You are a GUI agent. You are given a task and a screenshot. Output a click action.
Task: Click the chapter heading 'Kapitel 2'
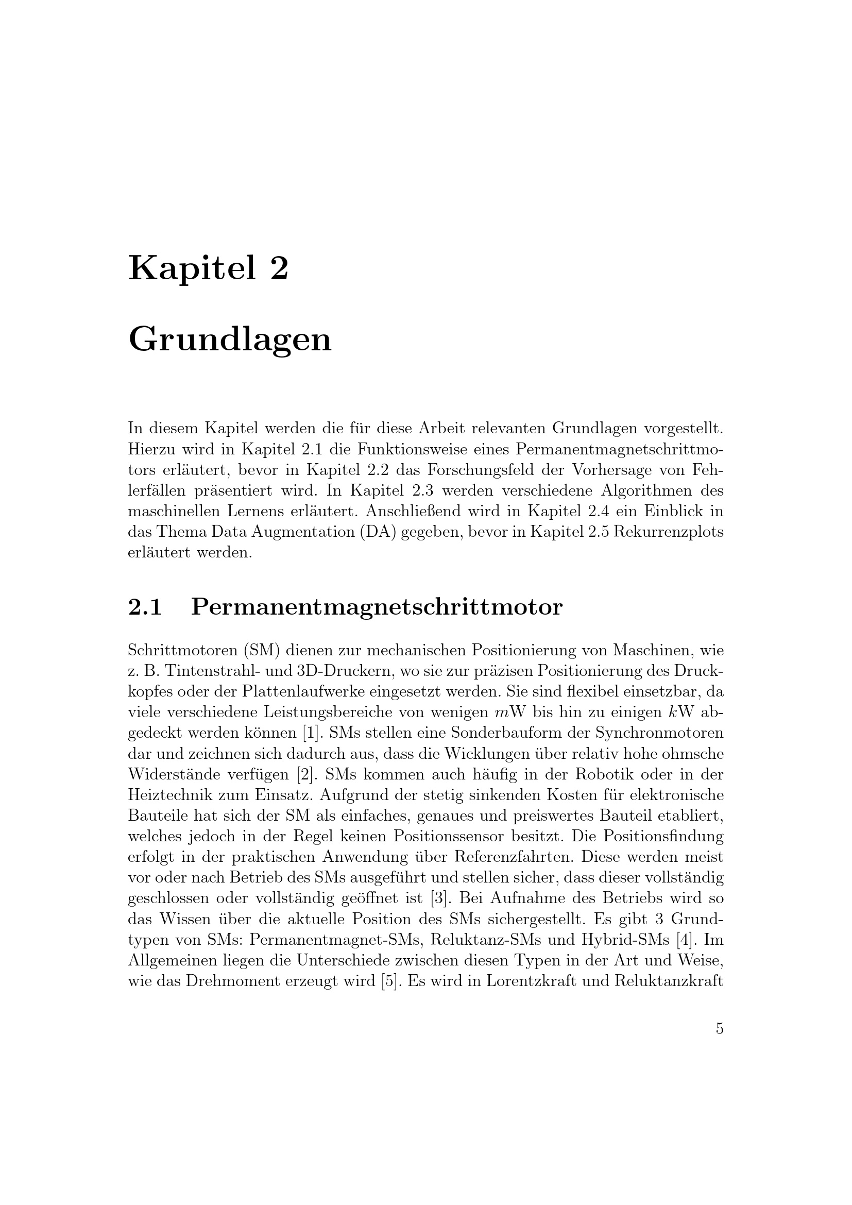tap(208, 268)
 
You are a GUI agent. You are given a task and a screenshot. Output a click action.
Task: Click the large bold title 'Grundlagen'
tap(230, 340)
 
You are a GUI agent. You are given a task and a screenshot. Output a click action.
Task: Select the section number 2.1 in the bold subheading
tap(145, 607)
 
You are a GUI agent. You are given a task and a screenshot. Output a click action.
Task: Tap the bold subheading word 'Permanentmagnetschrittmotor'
tap(376, 608)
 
